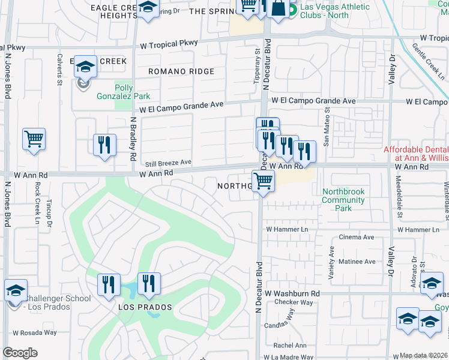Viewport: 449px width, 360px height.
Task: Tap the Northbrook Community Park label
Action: point(344,200)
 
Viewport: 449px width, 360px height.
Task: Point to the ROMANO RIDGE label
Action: point(182,71)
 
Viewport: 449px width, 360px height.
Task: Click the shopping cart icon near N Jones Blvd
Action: point(34,138)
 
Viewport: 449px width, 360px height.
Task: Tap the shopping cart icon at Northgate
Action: point(263,180)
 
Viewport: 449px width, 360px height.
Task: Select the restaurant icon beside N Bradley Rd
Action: point(105,145)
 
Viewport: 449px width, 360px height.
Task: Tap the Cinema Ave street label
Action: point(357,238)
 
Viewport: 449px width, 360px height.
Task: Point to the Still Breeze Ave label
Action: point(166,162)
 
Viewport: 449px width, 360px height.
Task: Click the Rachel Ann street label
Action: point(290,345)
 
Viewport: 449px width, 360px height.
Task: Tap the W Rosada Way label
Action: point(35,332)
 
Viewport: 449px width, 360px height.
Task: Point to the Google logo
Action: point(20,353)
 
